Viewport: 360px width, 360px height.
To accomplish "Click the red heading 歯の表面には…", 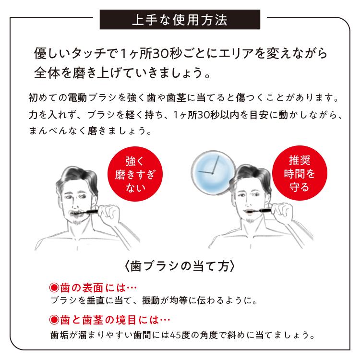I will [x=94, y=289].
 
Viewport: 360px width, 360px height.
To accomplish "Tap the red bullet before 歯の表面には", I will [x=54, y=289].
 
